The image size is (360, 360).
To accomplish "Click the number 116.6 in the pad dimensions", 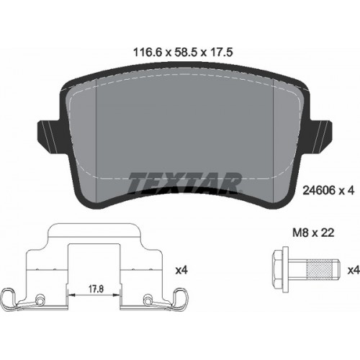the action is [148, 53].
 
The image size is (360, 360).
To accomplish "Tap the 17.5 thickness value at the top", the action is [222, 53].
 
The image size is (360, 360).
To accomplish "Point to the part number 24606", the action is [319, 191].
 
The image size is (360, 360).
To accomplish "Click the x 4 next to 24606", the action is [346, 191].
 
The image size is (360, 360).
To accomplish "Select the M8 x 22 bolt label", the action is [313, 233].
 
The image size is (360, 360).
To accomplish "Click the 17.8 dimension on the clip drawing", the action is [96, 289].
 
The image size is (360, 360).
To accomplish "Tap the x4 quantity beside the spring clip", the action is [181, 271].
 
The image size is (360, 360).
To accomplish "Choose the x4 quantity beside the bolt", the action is [354, 271].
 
